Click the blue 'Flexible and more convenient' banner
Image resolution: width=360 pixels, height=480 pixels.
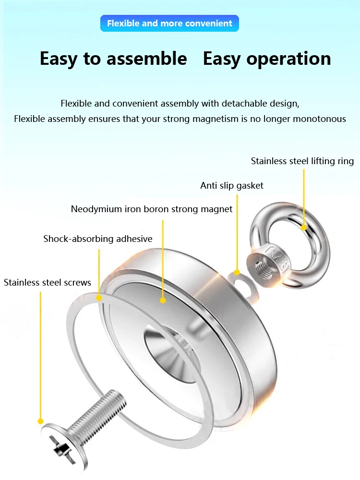(x=169, y=23)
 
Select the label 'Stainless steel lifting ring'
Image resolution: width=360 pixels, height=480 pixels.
(x=302, y=161)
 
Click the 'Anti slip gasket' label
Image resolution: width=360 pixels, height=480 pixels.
(x=232, y=185)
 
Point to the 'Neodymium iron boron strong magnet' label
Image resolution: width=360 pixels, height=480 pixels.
(x=152, y=209)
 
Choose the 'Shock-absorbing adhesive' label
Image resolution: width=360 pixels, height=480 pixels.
(x=98, y=239)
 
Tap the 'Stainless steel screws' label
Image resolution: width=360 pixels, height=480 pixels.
(x=48, y=282)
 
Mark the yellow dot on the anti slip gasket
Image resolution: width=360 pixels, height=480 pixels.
(x=237, y=273)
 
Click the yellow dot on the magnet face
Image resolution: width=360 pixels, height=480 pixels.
(x=163, y=300)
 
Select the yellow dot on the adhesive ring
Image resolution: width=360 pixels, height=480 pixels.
(x=99, y=298)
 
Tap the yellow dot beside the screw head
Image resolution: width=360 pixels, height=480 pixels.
(x=41, y=421)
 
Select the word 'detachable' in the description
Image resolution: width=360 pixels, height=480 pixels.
(x=239, y=104)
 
